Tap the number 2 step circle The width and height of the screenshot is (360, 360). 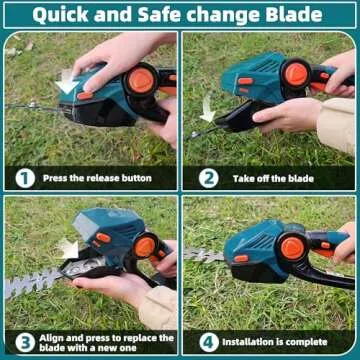208,178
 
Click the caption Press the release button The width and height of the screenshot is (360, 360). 97,179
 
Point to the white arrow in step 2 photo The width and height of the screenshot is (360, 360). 207,106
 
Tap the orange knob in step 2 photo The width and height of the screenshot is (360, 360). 295,72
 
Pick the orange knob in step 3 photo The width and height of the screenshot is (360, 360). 143,245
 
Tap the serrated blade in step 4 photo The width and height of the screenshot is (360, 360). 203,256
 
